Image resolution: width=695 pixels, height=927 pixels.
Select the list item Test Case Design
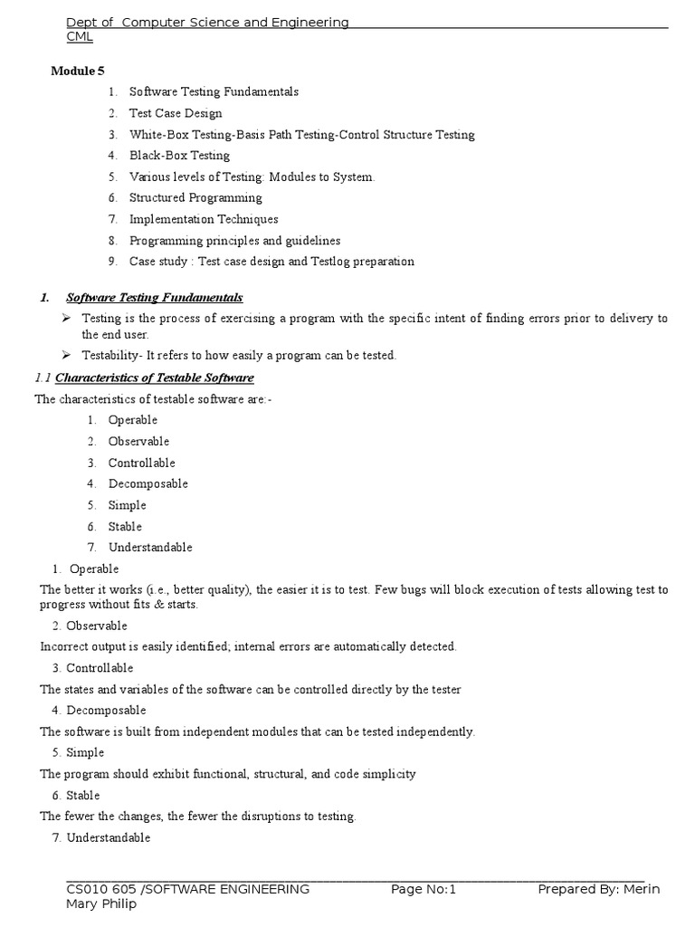pyautogui.click(x=176, y=113)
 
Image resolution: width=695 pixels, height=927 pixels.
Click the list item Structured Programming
pyautogui.click(x=195, y=197)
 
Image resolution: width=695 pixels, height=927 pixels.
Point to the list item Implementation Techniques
pyautogui.click(x=204, y=219)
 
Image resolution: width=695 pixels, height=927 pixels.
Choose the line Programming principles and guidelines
pyautogui.click(x=234, y=241)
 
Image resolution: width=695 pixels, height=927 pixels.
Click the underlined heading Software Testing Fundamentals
pyautogui.click(x=155, y=298)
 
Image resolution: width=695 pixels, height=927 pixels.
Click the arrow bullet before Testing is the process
pyautogui.click(x=66, y=319)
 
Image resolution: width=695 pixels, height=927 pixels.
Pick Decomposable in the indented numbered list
pyautogui.click(x=148, y=483)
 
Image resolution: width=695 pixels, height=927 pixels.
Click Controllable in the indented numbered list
pyautogui.click(x=142, y=463)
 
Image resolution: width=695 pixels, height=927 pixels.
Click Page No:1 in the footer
pyautogui.click(x=424, y=889)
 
